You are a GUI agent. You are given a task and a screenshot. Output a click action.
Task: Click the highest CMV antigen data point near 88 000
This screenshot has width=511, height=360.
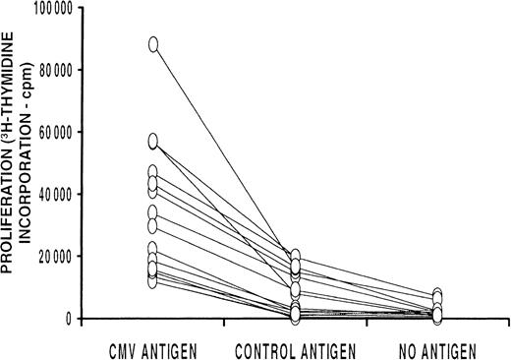[154, 44]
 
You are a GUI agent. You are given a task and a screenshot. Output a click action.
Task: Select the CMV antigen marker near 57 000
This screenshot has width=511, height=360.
[154, 141]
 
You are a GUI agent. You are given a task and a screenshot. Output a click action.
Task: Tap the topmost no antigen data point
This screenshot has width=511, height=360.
[437, 295]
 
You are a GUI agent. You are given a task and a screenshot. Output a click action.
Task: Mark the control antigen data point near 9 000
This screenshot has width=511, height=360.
[295, 290]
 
